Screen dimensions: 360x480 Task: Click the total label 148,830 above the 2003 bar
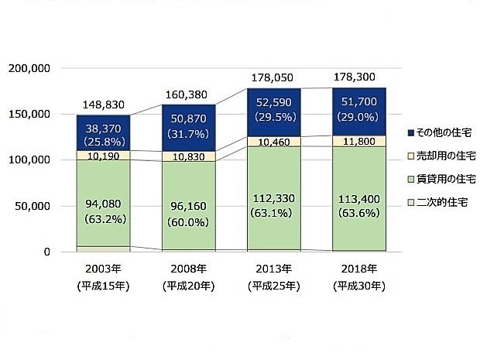(x=103, y=105)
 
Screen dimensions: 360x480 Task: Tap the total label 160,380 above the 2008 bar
(x=188, y=95)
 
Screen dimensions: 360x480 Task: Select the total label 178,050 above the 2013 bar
(x=274, y=78)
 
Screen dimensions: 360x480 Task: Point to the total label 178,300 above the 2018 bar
(x=358, y=78)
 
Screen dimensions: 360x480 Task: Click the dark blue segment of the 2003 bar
(x=103, y=132)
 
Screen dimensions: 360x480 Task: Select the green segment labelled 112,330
(x=274, y=198)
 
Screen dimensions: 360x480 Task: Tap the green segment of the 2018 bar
(x=358, y=198)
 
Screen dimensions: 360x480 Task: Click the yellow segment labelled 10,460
(x=274, y=141)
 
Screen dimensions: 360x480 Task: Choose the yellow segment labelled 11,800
(x=358, y=141)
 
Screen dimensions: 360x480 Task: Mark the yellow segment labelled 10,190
(x=103, y=156)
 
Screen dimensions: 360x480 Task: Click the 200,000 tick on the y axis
(x=29, y=69)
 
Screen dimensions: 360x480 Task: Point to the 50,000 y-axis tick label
(x=32, y=207)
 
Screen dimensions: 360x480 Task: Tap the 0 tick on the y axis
(x=46, y=252)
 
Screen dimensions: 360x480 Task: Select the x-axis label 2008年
(x=188, y=269)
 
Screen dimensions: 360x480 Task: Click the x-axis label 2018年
(x=358, y=269)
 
